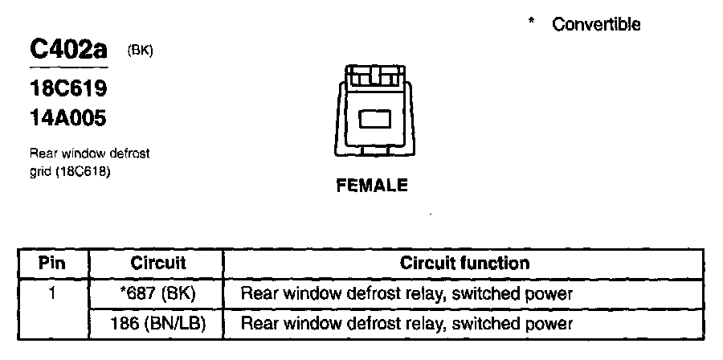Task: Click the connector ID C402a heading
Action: [x=67, y=50]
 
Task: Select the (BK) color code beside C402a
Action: [x=140, y=51]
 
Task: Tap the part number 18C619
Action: [x=68, y=87]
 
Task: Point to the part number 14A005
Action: [x=68, y=118]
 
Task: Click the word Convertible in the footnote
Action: [x=596, y=24]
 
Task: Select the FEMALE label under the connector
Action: [x=372, y=186]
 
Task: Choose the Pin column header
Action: [x=52, y=263]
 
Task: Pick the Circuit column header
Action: [x=157, y=263]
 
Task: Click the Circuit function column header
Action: [x=464, y=263]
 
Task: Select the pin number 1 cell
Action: [x=52, y=294]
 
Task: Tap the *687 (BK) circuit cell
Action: [x=157, y=294]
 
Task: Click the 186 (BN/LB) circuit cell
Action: [x=157, y=324]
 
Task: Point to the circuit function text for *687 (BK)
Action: [x=406, y=294]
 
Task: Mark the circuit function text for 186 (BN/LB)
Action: [x=406, y=324]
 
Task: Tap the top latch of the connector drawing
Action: [x=373, y=76]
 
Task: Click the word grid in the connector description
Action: [x=40, y=171]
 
